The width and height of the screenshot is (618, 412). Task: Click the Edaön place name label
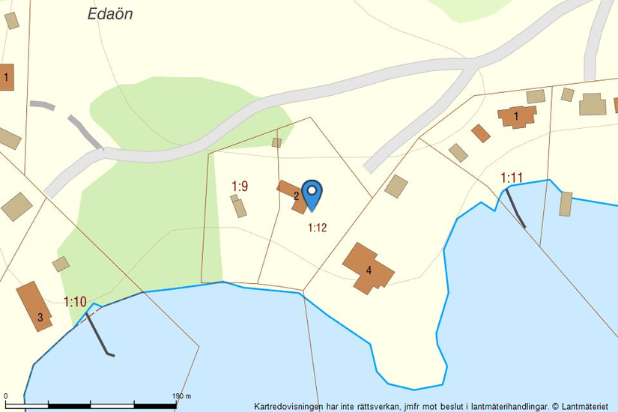pyautogui.click(x=109, y=14)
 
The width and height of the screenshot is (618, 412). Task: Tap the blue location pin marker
pyautogui.click(x=312, y=194)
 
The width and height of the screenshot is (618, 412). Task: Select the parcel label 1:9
pyautogui.click(x=240, y=186)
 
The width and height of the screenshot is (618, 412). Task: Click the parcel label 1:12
pyautogui.click(x=318, y=228)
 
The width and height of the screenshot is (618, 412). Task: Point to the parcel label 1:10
pyautogui.click(x=75, y=302)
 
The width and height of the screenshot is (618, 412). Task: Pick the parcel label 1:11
pyautogui.click(x=512, y=178)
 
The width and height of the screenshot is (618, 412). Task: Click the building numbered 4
pyautogui.click(x=367, y=267)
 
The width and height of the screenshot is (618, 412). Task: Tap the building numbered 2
pyautogui.click(x=291, y=196)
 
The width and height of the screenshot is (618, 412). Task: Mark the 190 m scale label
pyautogui.click(x=182, y=396)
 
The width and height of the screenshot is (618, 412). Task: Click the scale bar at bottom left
pyautogui.click(x=90, y=405)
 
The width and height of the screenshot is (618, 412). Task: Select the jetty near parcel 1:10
pyautogui.click(x=98, y=334)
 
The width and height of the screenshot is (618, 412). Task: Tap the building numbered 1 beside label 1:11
pyautogui.click(x=518, y=116)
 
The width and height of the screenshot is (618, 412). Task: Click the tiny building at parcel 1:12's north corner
pyautogui.click(x=276, y=142)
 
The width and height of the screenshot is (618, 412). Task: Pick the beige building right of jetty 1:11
pyautogui.click(x=566, y=204)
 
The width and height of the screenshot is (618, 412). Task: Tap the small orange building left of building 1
pyautogui.click(x=481, y=133)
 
